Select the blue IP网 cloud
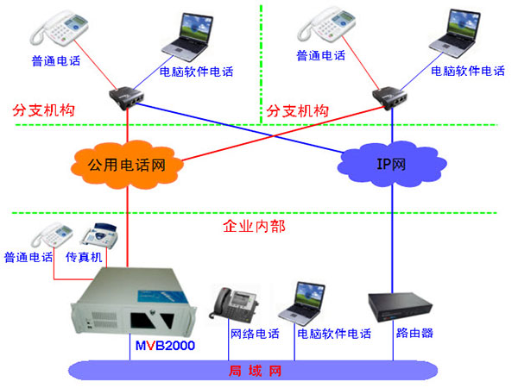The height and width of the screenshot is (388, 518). pos(392,161)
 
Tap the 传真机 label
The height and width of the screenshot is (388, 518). pos(85,257)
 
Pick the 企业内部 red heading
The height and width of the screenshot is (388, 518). pos(255,227)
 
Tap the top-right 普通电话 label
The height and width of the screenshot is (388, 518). pos(320,55)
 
